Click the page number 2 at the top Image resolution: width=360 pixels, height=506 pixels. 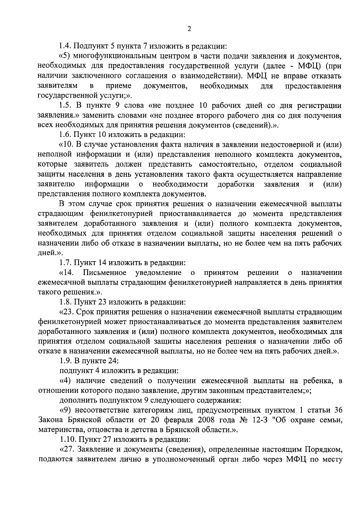click(189, 29)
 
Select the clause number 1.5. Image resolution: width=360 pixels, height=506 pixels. click(64, 106)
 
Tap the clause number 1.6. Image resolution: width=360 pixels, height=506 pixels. click(64, 135)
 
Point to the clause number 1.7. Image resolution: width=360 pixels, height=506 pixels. click(64, 263)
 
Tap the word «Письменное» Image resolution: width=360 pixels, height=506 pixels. click(105, 273)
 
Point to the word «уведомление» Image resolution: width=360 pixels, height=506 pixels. click(158, 273)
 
